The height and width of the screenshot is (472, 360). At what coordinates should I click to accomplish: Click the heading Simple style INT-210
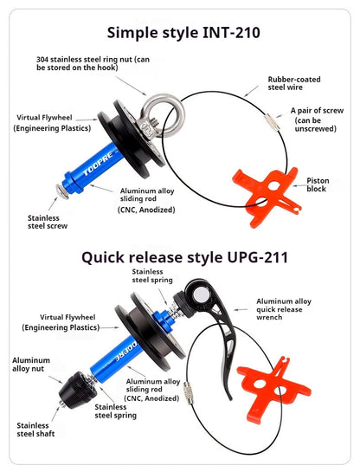click(x=183, y=33)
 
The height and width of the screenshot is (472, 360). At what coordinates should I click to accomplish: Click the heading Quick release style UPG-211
click(x=184, y=258)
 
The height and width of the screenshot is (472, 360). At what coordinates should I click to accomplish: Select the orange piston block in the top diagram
click(x=267, y=197)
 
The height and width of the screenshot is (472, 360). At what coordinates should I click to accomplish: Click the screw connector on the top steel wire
click(x=273, y=122)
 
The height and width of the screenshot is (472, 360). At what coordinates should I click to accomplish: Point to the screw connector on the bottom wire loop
click(x=189, y=393)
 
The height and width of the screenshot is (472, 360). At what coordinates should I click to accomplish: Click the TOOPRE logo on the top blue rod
click(x=98, y=163)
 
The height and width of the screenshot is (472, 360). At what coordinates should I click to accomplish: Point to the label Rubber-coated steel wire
click(x=294, y=83)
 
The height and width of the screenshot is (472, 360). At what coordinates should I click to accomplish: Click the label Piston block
click(x=318, y=184)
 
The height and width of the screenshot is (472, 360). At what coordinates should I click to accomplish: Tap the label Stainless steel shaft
click(x=35, y=430)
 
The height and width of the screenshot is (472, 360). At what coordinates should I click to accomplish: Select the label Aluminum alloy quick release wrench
click(x=284, y=309)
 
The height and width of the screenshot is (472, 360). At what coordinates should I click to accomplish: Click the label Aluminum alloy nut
click(x=30, y=365)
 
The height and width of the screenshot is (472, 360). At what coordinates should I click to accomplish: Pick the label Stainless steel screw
click(x=48, y=222)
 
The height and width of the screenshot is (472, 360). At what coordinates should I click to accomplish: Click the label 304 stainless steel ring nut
click(x=93, y=63)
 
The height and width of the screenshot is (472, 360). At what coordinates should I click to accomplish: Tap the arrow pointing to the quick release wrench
click(x=241, y=309)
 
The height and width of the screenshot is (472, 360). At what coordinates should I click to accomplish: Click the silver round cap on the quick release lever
click(x=200, y=294)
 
